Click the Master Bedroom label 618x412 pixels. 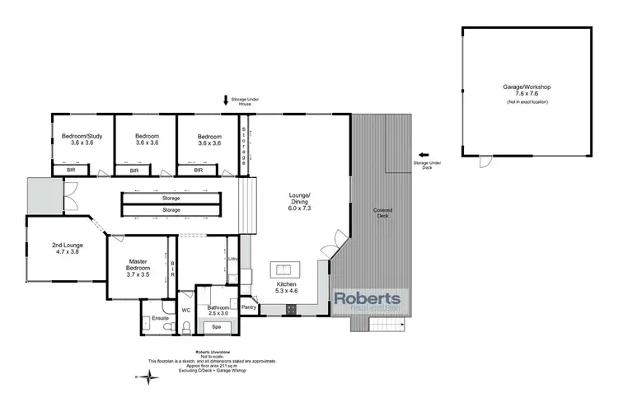point(138,268)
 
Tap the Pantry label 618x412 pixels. point(249,307)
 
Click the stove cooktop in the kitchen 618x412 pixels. point(292,309)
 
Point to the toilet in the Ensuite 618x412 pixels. point(168,327)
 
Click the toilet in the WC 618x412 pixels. point(187,327)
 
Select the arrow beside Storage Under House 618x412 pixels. point(225,101)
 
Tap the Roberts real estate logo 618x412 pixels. point(368,302)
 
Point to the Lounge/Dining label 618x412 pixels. point(298,200)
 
